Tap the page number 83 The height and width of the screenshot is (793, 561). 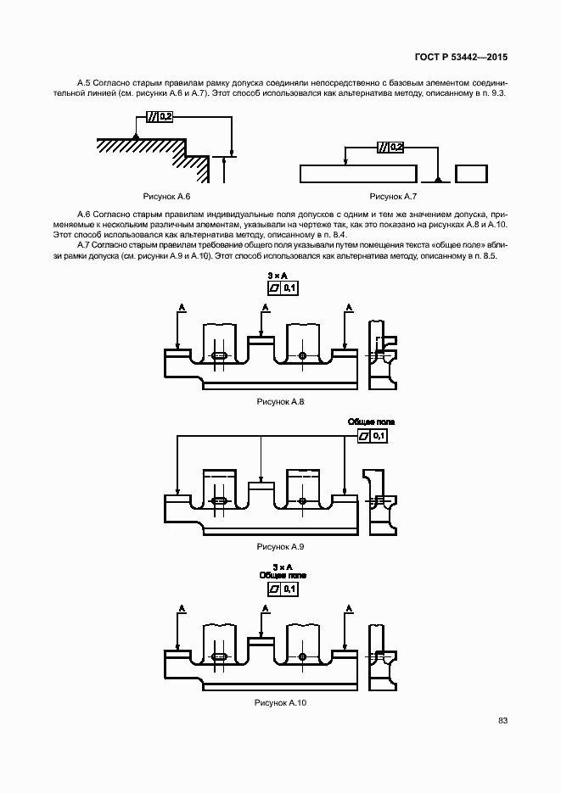(x=502, y=720)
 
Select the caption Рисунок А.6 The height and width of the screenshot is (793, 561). (x=161, y=195)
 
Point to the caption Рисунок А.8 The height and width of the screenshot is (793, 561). (x=280, y=401)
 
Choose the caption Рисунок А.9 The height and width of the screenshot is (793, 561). (x=280, y=547)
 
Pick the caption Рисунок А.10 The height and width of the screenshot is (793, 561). (x=280, y=703)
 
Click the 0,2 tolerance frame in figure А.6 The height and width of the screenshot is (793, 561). (x=160, y=117)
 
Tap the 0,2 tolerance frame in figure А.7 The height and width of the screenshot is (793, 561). (x=390, y=147)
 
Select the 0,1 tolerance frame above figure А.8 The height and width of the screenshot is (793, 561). (x=282, y=289)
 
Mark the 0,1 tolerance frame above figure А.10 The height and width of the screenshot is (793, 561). (x=283, y=589)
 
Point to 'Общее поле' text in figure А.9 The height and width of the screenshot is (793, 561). (x=371, y=422)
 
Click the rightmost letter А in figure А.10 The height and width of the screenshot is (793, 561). (x=347, y=608)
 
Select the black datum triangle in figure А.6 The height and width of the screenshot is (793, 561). (x=135, y=136)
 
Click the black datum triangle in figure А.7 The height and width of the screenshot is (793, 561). (x=437, y=179)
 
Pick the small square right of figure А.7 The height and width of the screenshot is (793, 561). (x=470, y=174)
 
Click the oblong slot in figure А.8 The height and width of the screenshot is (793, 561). (x=219, y=355)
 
